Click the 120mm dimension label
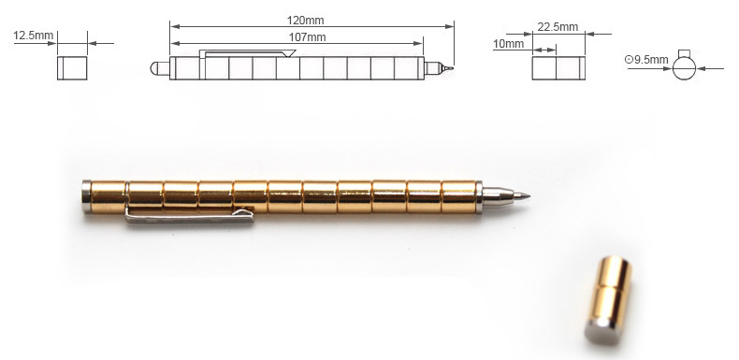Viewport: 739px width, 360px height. click(x=305, y=21)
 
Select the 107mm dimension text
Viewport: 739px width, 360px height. click(x=307, y=37)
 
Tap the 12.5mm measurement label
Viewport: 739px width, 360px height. click(x=33, y=36)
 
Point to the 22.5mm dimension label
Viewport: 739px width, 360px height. click(x=558, y=27)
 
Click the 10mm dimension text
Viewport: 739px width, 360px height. click(x=508, y=44)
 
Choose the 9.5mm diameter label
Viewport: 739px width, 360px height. click(x=646, y=60)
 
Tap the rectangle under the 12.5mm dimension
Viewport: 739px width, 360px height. click(x=72, y=68)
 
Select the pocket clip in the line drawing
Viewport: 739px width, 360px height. click(x=247, y=51)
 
